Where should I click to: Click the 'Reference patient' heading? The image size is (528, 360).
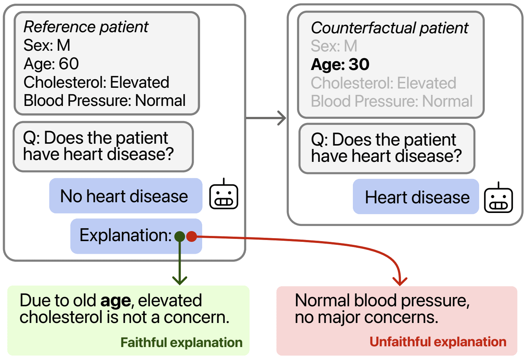86,27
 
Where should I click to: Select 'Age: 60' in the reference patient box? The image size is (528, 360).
51,64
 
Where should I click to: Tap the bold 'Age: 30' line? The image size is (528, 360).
340,64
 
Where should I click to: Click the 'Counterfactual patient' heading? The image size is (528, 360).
390,28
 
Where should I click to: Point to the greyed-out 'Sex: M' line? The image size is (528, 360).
334,46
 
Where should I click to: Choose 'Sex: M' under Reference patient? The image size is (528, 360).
47,45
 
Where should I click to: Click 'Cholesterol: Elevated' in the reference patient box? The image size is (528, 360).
96,82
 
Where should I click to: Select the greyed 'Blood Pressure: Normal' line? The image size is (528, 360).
391,101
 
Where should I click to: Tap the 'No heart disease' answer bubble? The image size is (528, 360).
125,196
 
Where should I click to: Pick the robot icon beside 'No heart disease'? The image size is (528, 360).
224,196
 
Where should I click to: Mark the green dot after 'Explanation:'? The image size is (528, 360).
180,236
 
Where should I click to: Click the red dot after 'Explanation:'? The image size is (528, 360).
191,236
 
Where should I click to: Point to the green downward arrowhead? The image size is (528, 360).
180,280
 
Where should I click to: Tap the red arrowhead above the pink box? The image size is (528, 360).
400,281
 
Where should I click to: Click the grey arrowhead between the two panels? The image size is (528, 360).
282,118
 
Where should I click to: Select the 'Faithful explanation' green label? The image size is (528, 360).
181,343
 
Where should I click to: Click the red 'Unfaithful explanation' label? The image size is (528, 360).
438,341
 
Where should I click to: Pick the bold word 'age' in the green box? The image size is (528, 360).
116,301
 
